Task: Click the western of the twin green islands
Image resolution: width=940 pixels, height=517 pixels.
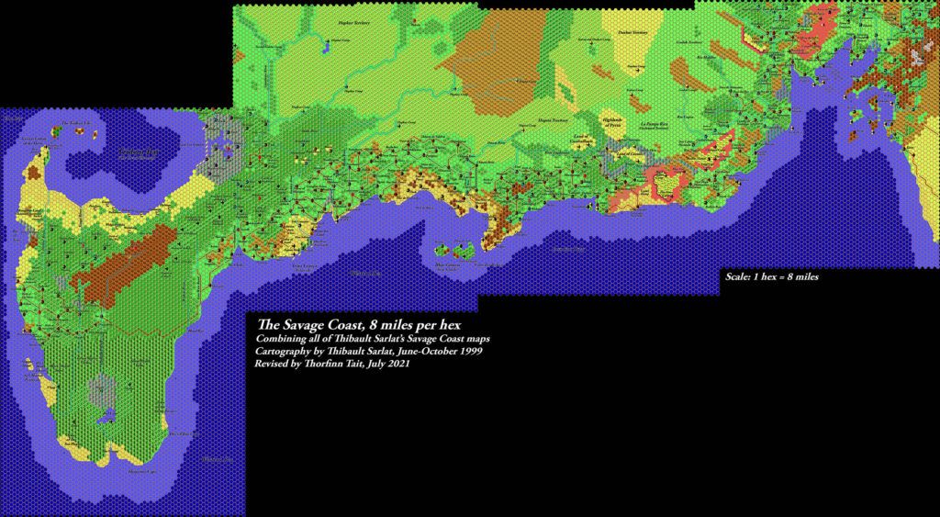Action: (x=443, y=249)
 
